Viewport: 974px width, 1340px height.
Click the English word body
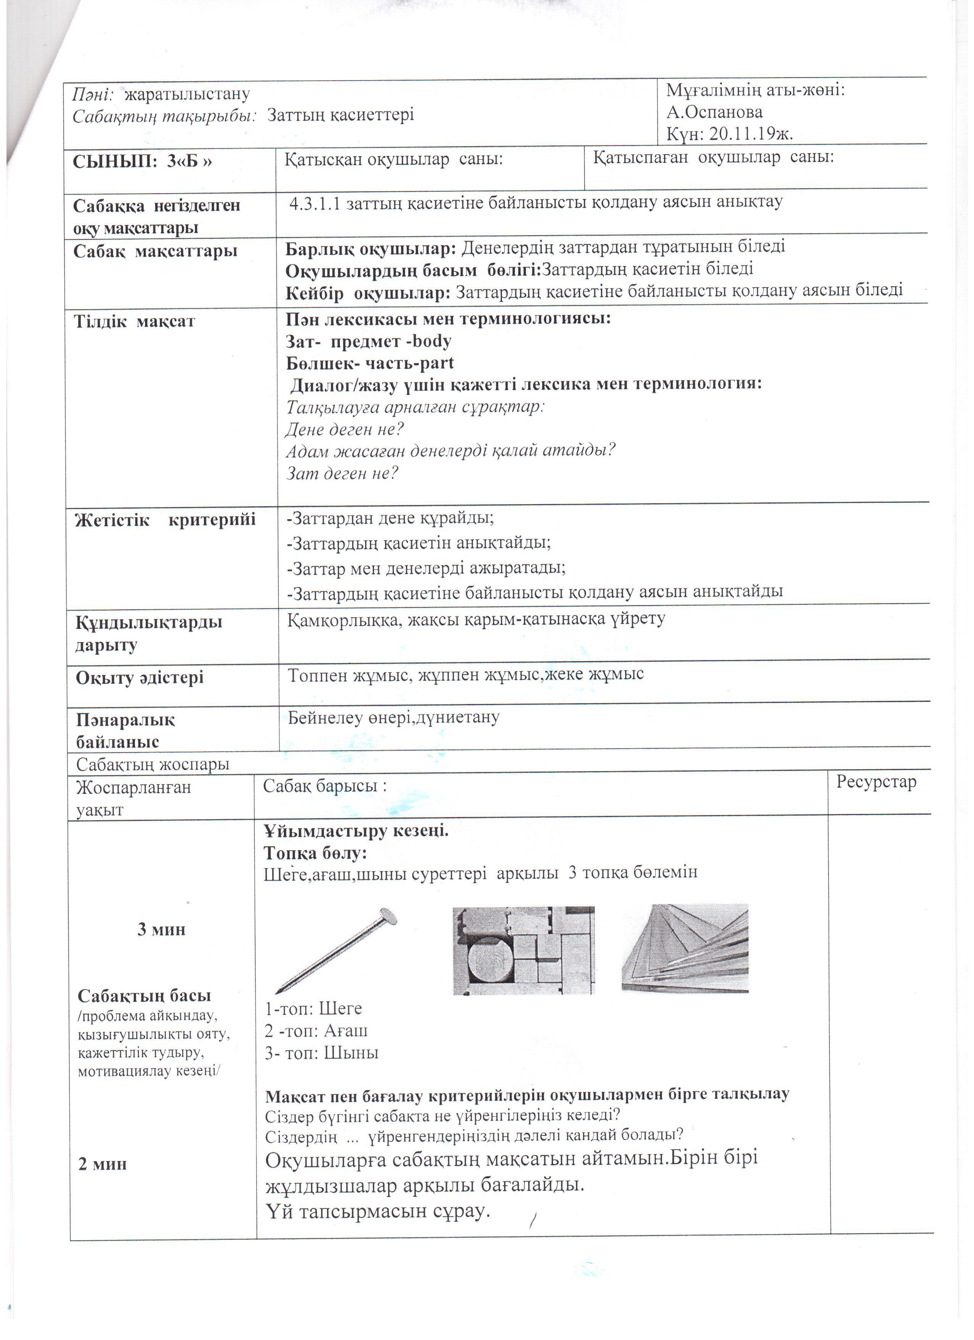pos(431,342)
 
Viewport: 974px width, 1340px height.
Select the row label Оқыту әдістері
pos(139,678)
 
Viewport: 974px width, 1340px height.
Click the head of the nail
pos(387,916)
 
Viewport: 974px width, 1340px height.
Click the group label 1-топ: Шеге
pos(313,1009)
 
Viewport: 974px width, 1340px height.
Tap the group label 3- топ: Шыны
pos(321,1053)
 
